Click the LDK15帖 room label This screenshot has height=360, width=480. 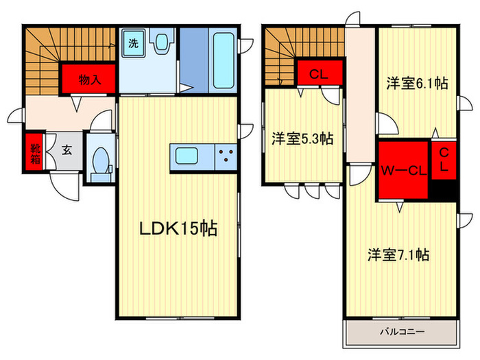click(x=178, y=229)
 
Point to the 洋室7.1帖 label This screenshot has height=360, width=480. click(x=398, y=255)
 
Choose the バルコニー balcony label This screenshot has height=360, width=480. click(x=402, y=331)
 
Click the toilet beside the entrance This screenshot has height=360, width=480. click(x=101, y=161)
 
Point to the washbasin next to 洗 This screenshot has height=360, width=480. click(x=163, y=45)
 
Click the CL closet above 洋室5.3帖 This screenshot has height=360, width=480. click(x=316, y=75)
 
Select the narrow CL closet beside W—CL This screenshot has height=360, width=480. click(x=443, y=159)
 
